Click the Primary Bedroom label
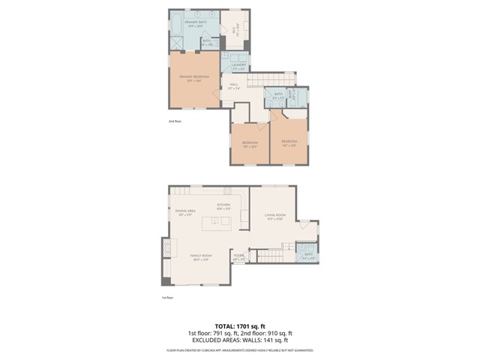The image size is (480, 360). click(x=193, y=79)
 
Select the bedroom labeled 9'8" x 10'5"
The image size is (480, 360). click(x=250, y=144)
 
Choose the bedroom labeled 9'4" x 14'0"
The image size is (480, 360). click(x=289, y=143)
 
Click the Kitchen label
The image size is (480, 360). click(x=223, y=207)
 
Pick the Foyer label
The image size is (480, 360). click(x=238, y=257)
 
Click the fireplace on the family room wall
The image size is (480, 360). click(x=166, y=249)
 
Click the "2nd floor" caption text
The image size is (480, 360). click(x=175, y=121)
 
